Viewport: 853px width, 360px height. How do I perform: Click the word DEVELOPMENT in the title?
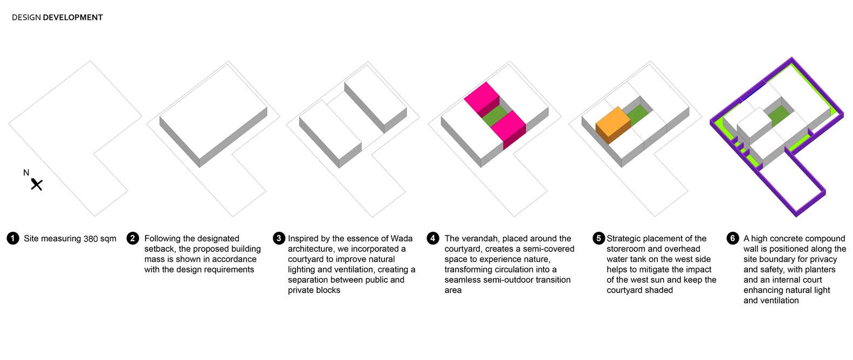[x=73, y=17]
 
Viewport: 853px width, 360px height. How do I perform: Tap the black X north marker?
[x=37, y=184]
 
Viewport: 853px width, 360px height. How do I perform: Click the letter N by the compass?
[x=26, y=173]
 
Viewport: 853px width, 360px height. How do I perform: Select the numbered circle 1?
[x=13, y=239]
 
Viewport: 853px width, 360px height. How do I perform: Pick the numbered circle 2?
[x=133, y=239]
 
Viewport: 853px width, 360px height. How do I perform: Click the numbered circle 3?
[x=279, y=239]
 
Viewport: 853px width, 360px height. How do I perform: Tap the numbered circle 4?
[x=433, y=239]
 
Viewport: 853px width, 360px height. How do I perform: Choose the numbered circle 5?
[x=599, y=239]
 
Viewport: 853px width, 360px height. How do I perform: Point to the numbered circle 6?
[x=733, y=239]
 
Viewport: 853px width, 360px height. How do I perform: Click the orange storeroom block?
[x=613, y=125]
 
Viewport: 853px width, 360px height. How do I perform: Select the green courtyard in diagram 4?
[x=494, y=116]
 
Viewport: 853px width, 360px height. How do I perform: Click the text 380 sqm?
[x=100, y=239]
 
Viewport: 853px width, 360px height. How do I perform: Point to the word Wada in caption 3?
[x=402, y=239]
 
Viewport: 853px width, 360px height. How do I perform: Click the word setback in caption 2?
[x=160, y=249]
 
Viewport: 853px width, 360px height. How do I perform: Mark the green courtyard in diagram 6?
[x=780, y=116]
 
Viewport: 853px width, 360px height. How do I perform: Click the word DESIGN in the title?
[x=26, y=17]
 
